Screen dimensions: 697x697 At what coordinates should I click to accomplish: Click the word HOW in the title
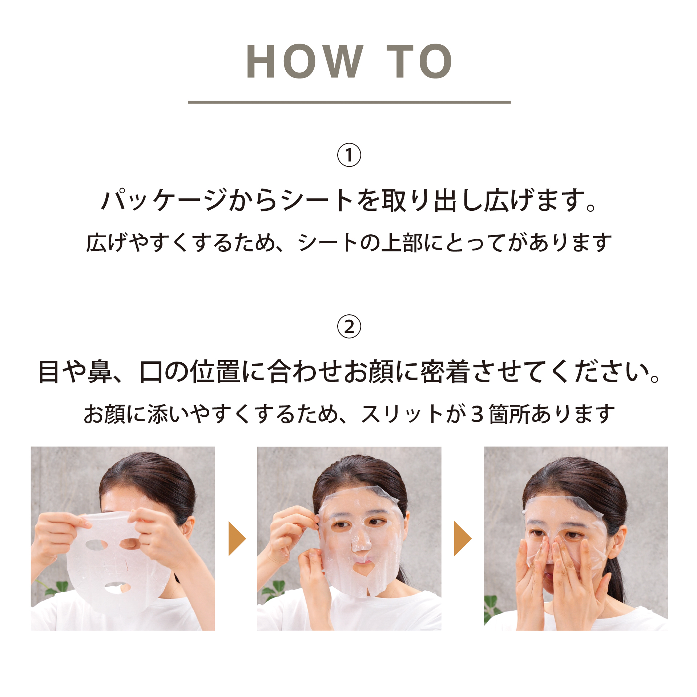click(305, 61)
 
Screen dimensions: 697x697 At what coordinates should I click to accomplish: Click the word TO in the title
click(419, 61)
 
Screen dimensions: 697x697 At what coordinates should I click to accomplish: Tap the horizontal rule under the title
click(349, 102)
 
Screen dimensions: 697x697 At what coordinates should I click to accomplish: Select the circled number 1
click(349, 155)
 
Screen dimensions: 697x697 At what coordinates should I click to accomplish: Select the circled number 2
click(349, 327)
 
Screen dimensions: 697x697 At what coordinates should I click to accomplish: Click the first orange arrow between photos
click(237, 539)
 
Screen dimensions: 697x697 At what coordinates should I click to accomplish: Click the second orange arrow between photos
click(463, 539)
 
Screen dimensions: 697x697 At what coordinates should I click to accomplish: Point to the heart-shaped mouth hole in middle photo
click(365, 568)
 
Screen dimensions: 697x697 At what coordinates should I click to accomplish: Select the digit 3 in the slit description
click(477, 414)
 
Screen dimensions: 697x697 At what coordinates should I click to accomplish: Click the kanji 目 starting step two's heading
click(49, 372)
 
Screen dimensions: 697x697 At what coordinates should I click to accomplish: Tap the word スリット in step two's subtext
click(402, 414)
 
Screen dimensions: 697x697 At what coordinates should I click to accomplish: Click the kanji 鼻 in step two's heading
click(100, 372)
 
